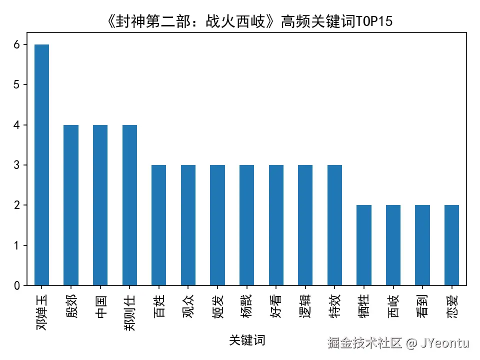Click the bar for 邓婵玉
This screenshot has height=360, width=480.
(41, 165)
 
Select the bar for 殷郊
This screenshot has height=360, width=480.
(71, 205)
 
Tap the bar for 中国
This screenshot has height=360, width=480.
(100, 205)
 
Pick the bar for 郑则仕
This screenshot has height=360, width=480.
(129, 205)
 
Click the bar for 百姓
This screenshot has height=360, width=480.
(159, 225)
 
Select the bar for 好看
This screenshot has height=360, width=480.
(276, 225)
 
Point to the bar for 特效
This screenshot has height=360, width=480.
(335, 225)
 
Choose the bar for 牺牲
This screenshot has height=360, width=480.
(364, 245)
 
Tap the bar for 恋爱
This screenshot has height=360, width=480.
(452, 245)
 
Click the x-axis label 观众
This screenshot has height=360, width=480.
(188, 302)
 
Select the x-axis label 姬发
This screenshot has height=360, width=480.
(217, 302)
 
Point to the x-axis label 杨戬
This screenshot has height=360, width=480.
(247, 302)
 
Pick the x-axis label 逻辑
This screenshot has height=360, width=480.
(305, 302)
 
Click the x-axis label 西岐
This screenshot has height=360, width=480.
(393, 302)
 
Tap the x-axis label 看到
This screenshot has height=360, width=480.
(422, 302)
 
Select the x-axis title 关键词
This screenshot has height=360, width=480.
(247, 340)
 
